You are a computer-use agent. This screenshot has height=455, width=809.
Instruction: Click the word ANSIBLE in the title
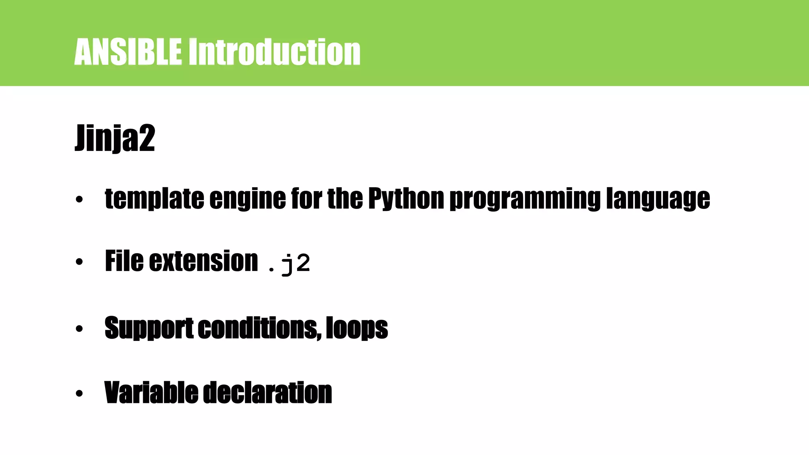coord(128,52)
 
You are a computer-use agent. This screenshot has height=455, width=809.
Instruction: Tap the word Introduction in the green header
coord(274,52)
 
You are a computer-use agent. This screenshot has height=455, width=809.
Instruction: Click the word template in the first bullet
coord(154,198)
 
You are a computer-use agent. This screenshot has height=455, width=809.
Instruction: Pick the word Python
coord(406,198)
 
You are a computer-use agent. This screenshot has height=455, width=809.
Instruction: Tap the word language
coord(658,199)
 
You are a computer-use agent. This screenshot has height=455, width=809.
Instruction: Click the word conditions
coord(259,328)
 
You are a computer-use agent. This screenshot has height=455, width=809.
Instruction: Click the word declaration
coord(267,393)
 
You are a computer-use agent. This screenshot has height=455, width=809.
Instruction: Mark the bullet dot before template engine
coord(79,199)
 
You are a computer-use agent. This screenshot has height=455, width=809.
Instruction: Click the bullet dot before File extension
coord(79,262)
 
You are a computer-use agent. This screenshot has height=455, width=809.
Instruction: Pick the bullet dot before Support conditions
coord(79,329)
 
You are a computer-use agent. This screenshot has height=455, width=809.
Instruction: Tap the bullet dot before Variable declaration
coord(79,393)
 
